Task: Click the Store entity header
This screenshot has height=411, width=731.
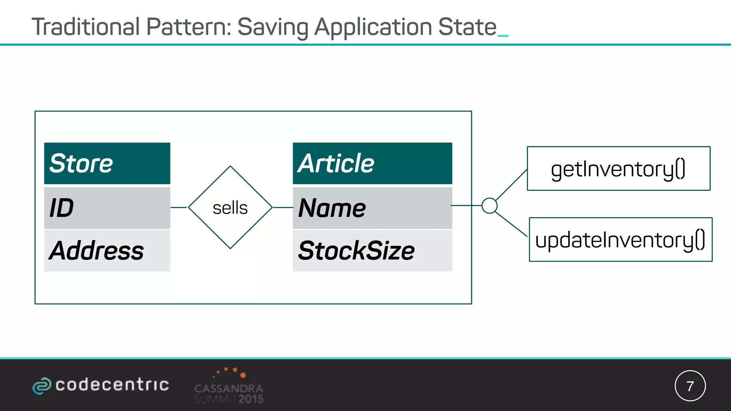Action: tap(107, 163)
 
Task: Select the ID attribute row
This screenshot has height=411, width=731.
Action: tap(107, 208)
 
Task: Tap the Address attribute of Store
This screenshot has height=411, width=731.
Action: tap(107, 250)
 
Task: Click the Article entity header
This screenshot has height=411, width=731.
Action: tap(372, 163)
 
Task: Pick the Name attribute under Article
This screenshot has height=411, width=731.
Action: tap(372, 208)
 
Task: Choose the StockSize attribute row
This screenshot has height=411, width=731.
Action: tap(372, 250)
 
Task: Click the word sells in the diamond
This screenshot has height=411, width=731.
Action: tap(230, 208)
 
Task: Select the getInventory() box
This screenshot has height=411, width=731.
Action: tap(619, 168)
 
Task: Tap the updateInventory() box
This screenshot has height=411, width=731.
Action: tap(620, 239)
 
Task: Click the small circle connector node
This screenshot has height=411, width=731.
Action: tap(489, 205)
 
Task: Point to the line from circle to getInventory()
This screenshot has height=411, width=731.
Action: tap(511, 185)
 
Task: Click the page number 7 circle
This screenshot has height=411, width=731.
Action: tap(690, 386)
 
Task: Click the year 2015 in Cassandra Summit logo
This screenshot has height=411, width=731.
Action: tap(251, 399)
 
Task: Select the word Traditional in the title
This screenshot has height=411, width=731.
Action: tap(86, 27)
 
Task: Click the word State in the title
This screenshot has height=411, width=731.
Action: tap(467, 27)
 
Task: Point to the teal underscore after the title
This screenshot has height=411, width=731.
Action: tap(503, 35)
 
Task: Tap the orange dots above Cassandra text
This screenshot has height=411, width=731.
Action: tap(230, 372)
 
